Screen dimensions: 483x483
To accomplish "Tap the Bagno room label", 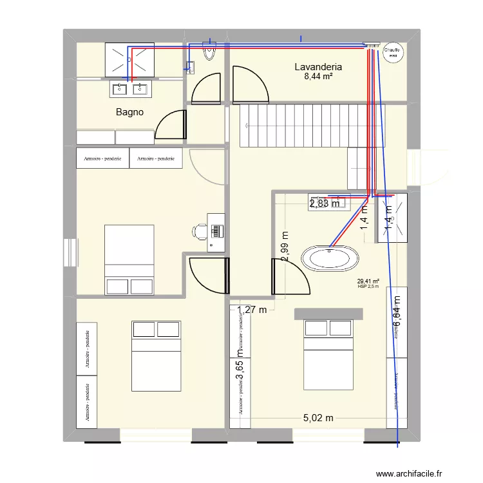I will pos(129,112).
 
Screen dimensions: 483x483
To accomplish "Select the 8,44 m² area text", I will pos(317,77).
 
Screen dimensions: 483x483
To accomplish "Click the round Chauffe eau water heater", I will pos(392,53).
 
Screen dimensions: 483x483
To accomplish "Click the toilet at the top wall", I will pos(210,52).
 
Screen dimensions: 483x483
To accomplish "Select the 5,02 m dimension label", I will pos(318,418).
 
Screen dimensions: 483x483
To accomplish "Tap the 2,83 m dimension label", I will pos(325,204).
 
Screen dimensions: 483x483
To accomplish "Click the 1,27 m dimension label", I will pos(252,310).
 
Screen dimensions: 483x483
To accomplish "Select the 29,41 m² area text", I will pos(368,281).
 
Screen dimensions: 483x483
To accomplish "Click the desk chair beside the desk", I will pos(198,230).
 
